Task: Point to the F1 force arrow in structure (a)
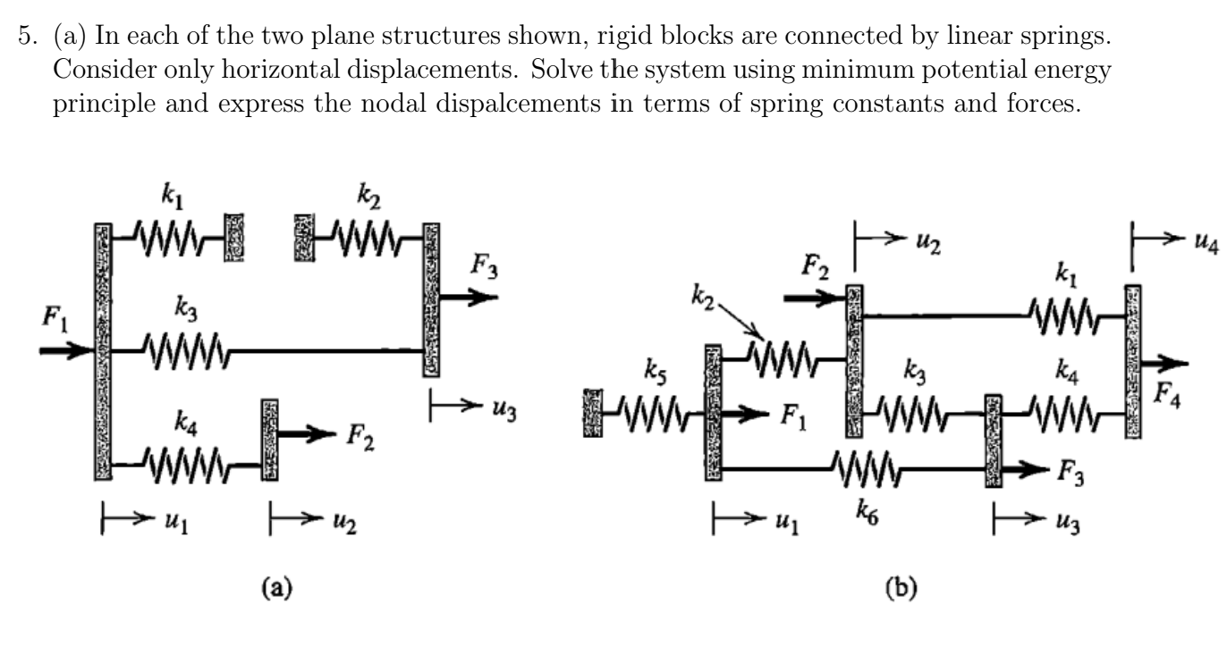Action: [x=68, y=350]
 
